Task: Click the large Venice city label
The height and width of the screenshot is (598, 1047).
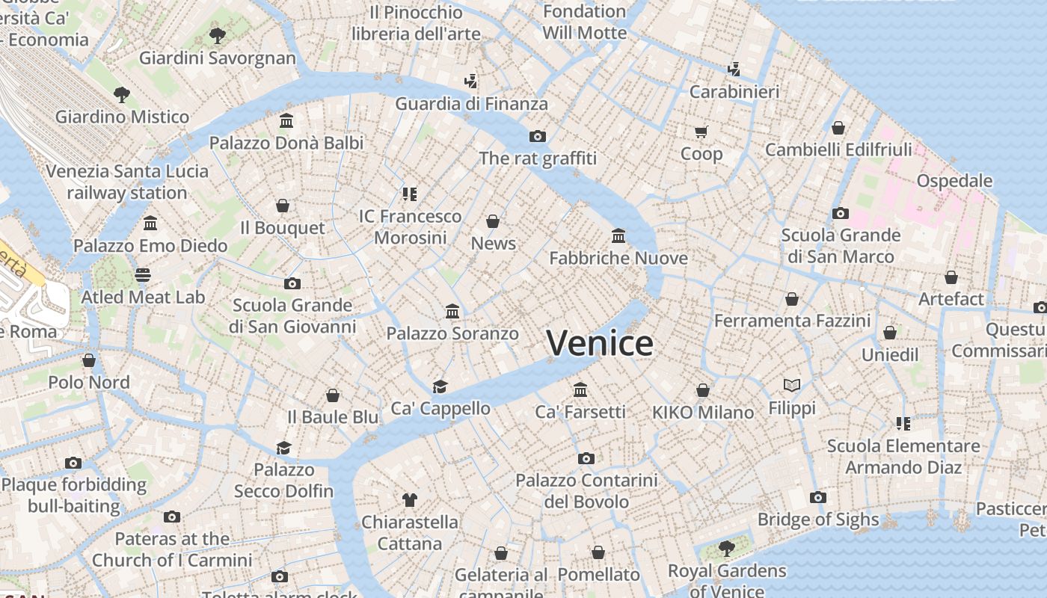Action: pos(600,343)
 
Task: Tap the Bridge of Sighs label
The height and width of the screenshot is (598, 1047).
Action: pos(818,520)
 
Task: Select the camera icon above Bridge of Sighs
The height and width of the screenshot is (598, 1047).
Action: pos(818,498)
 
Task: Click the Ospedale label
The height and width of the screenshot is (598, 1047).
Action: pos(954,181)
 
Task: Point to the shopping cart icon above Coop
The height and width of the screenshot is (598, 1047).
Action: pos(701,132)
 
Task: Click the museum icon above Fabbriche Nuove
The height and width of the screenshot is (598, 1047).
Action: pos(618,236)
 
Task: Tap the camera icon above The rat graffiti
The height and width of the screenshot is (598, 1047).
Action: pos(537,136)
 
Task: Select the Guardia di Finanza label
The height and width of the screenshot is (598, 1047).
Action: pos(471,104)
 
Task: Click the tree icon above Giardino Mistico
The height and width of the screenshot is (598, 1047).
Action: pos(122,95)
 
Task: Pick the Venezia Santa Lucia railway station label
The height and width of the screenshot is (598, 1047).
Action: pos(127,182)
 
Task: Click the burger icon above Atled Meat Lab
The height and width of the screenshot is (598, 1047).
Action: pos(143,275)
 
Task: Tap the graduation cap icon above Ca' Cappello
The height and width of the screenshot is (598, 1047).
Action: pos(440,386)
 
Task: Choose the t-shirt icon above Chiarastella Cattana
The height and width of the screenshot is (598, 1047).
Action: pos(409,499)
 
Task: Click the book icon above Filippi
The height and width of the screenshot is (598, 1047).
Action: pos(792,386)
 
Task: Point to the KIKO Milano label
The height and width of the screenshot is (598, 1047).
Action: pos(703,413)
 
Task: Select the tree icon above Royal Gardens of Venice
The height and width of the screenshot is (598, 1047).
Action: pos(726,549)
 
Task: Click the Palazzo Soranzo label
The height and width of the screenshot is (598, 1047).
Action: pos(452,333)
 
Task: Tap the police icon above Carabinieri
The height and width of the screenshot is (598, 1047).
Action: pos(734,70)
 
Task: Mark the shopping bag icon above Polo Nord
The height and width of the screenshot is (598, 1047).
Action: pos(89,360)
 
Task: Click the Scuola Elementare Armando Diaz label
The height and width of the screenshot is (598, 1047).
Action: pos(903,457)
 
